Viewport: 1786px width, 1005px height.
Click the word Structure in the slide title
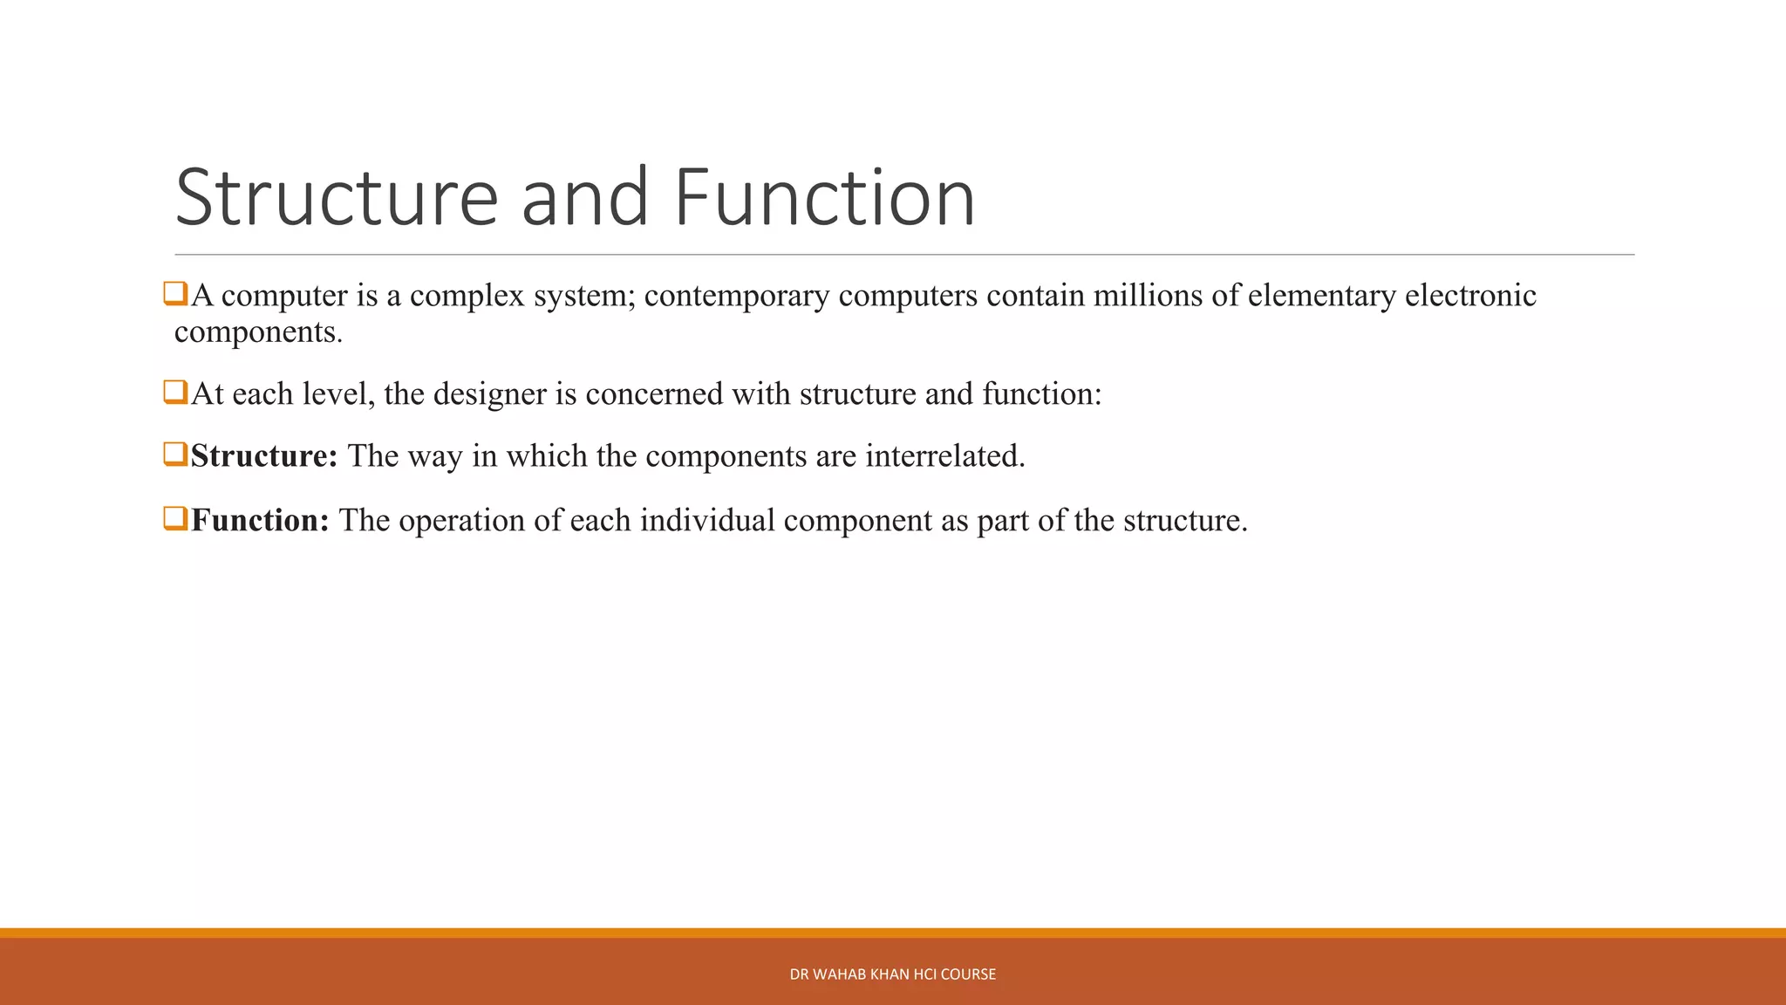coord(337,198)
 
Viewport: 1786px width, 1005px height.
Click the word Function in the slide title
coord(824,198)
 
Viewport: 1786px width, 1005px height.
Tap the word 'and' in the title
coord(584,198)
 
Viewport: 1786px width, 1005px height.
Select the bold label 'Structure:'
coord(263,456)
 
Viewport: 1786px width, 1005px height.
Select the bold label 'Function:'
coord(260,521)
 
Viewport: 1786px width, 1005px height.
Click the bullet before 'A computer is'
coord(175,294)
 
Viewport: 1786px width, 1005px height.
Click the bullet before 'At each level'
coord(175,393)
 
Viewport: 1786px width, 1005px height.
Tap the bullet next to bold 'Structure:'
coord(175,455)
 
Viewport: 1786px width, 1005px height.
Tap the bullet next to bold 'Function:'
coord(175,519)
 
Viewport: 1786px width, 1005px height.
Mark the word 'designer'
coord(489,395)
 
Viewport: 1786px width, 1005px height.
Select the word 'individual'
coord(707,521)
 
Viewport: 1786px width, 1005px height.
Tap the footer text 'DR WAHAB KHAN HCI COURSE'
coord(892,974)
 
